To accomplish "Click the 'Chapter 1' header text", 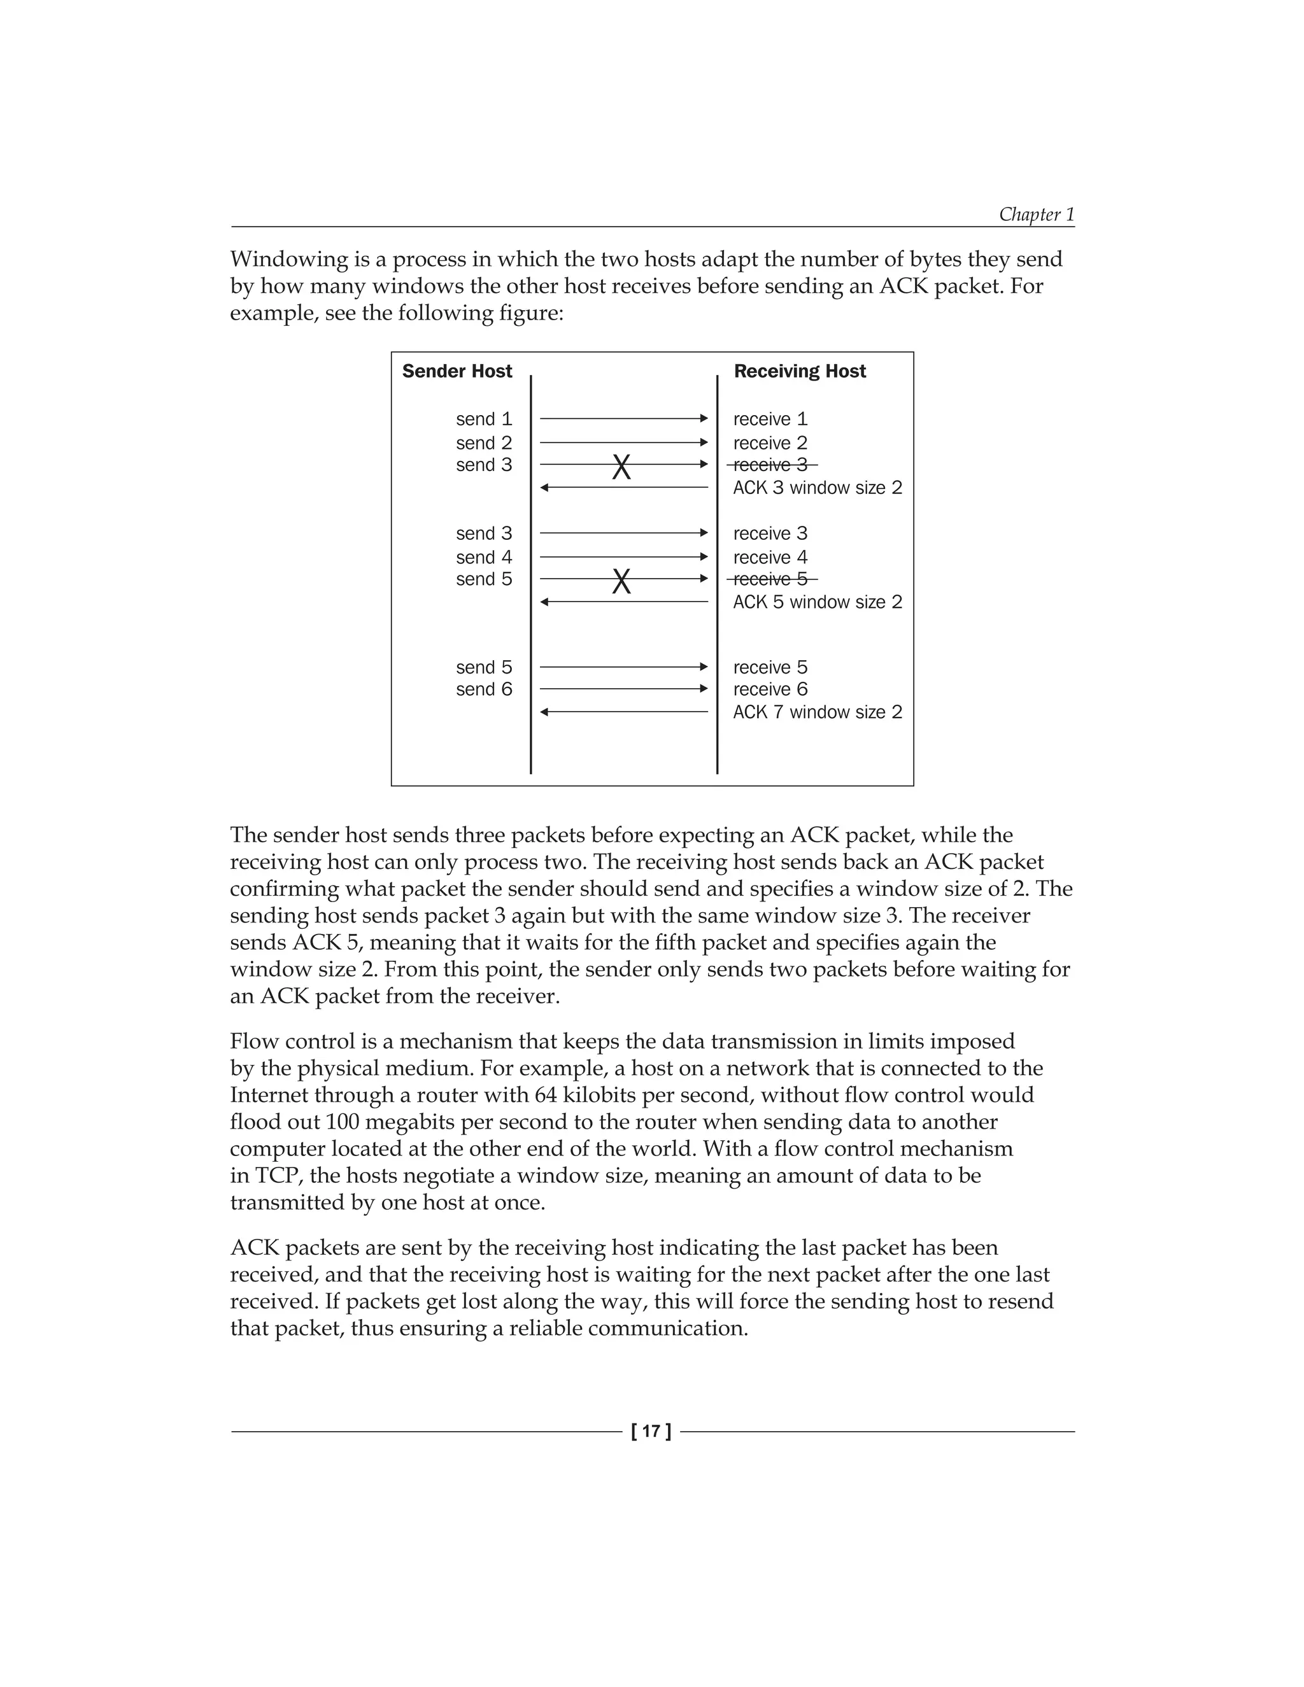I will pos(1036,214).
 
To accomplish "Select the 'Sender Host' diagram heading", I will pos(457,372).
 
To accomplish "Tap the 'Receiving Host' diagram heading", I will pos(800,372).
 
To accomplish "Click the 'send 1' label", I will pos(484,420).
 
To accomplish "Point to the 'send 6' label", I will pos(484,689).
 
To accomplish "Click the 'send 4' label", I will pos(484,557).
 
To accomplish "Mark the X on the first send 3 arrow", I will pos(621,467).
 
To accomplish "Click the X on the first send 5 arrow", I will pos(621,581).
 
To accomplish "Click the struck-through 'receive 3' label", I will pos(771,465).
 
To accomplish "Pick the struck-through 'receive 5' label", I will pos(771,579).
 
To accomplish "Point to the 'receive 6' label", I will pos(770,689).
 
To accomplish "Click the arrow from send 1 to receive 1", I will pos(623,419).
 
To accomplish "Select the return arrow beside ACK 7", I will pos(623,712).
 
